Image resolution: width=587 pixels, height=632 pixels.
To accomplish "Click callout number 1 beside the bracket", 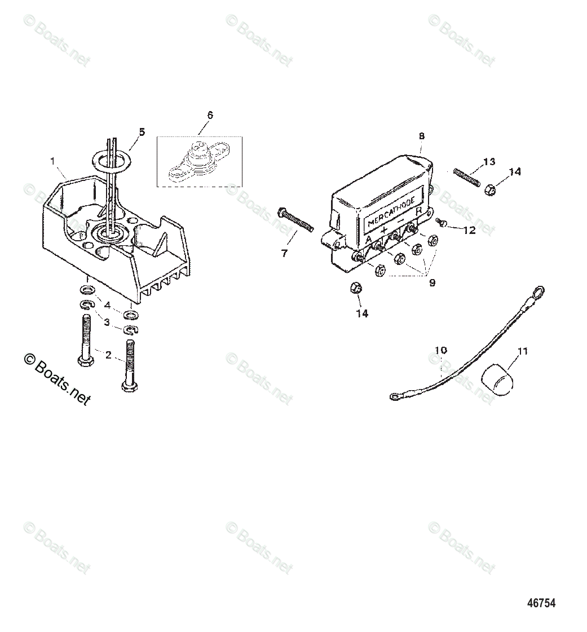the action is (52, 161).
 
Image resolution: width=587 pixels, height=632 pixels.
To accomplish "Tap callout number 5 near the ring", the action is (142, 132).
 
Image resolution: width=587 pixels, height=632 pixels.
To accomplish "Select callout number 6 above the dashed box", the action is (210, 115).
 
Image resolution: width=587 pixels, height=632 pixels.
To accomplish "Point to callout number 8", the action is (421, 136).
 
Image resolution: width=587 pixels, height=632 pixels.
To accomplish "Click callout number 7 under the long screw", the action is (284, 254).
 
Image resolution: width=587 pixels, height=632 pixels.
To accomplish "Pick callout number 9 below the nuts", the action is (432, 283).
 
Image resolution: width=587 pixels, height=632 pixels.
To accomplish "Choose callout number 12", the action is (469, 231).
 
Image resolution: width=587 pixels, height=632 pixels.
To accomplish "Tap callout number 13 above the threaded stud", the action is (489, 162).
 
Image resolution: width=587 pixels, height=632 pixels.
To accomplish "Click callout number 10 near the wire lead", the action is (440, 350).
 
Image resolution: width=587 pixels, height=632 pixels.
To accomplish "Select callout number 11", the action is (522, 352).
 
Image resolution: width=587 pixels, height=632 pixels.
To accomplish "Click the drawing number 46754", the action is (541, 603).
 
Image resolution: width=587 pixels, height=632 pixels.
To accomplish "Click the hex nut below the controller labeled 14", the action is (356, 289).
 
